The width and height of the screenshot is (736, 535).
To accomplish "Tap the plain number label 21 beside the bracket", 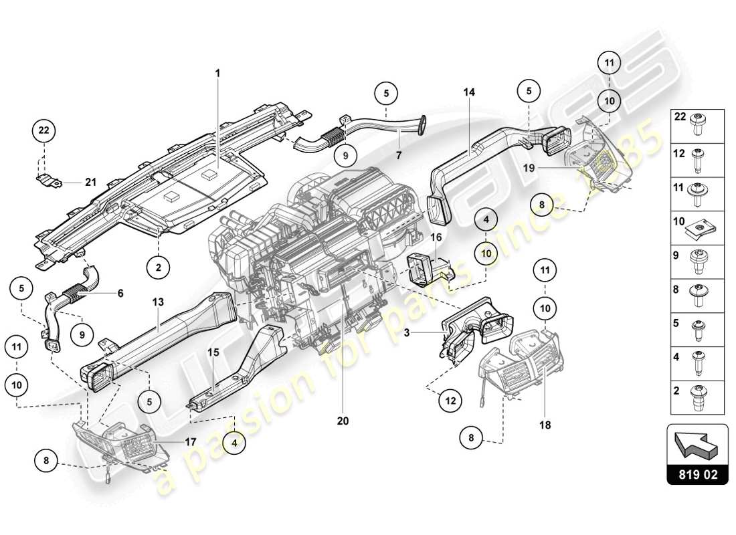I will (x=90, y=182).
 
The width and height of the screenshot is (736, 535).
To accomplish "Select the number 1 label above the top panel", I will (x=217, y=72).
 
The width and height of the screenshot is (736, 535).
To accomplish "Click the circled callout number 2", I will (x=159, y=267).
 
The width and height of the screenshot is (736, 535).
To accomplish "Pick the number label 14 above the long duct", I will (x=468, y=92).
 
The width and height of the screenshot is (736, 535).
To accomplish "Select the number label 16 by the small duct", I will (x=436, y=237).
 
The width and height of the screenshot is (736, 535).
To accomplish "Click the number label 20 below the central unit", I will (x=343, y=421).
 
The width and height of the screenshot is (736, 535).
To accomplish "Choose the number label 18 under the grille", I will (x=545, y=425).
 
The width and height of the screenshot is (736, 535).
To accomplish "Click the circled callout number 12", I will (x=450, y=401).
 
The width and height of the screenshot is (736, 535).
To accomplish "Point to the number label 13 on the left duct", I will (x=158, y=302).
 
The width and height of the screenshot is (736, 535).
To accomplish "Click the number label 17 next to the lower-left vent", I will (x=191, y=441).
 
